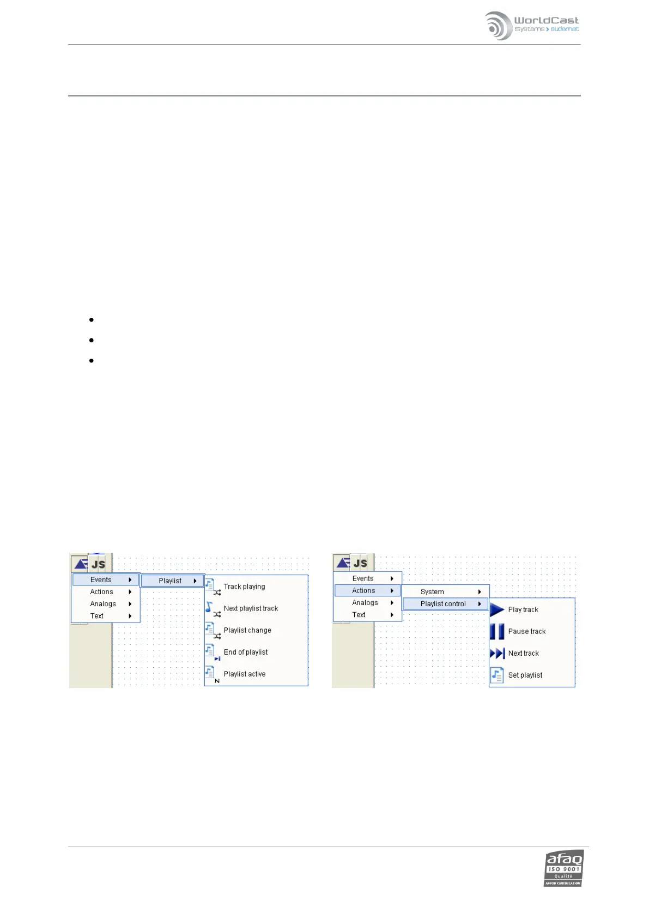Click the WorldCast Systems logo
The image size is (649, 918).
(x=531, y=26)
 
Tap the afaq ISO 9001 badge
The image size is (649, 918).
(x=563, y=867)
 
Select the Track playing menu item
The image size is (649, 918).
(x=244, y=587)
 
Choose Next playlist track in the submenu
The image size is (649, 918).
(x=251, y=608)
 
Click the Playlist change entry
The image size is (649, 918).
(x=247, y=630)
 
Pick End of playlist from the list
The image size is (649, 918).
(x=246, y=652)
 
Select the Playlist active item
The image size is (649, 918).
(x=245, y=674)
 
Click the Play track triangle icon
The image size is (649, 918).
(x=497, y=609)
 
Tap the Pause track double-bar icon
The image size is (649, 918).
(x=497, y=631)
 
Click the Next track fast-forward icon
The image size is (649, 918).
(x=497, y=653)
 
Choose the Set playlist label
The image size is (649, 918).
(x=525, y=675)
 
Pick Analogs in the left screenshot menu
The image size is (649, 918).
(x=104, y=603)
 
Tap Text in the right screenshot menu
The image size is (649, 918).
(x=359, y=614)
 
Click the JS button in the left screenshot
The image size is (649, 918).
(x=99, y=564)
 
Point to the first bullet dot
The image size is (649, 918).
(x=92, y=319)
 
